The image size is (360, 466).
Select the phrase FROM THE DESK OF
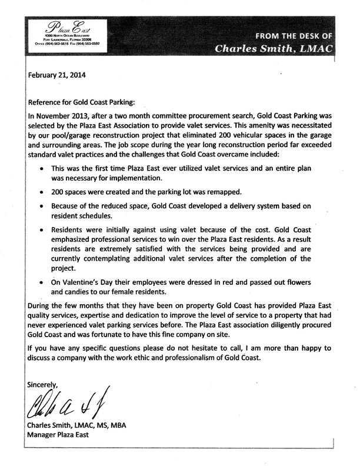click(285, 35)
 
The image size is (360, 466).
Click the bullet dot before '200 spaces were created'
click(39, 192)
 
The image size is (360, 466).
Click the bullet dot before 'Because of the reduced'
click(39, 207)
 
